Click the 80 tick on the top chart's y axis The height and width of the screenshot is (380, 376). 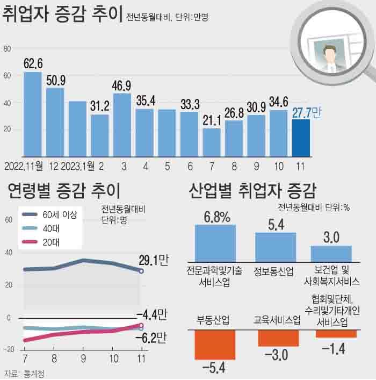click(x=7, y=49)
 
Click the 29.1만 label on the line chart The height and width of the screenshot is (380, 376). click(x=153, y=261)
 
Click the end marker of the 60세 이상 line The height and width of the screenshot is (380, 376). click(x=141, y=271)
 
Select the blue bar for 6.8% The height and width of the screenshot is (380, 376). click(x=215, y=243)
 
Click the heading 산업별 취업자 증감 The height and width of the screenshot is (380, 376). click(x=252, y=190)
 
